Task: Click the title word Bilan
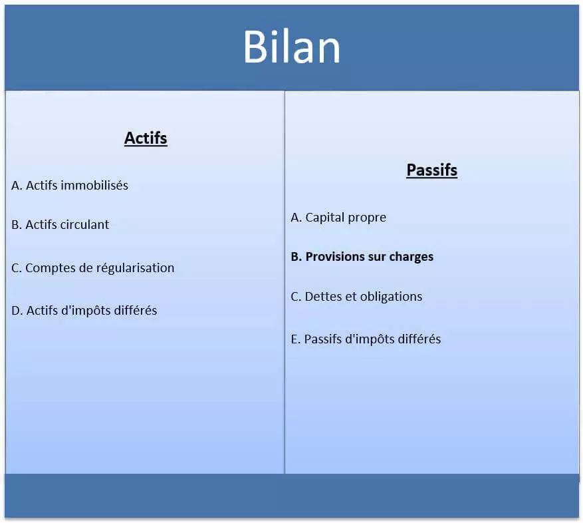click(x=291, y=47)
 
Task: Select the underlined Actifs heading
click(x=146, y=138)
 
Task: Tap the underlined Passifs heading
click(x=431, y=170)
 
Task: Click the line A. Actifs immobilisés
click(x=70, y=186)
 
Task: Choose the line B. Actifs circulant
click(x=60, y=225)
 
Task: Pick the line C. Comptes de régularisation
click(x=93, y=268)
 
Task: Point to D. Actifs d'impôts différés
click(x=84, y=311)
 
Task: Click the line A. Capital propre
click(x=338, y=218)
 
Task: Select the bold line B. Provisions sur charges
click(x=362, y=257)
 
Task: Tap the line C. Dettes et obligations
click(x=356, y=297)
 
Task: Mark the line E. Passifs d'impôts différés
click(x=366, y=339)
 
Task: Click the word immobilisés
click(x=95, y=186)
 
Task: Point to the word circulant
click(x=84, y=225)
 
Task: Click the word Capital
click(x=326, y=218)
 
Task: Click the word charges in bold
click(x=411, y=257)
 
